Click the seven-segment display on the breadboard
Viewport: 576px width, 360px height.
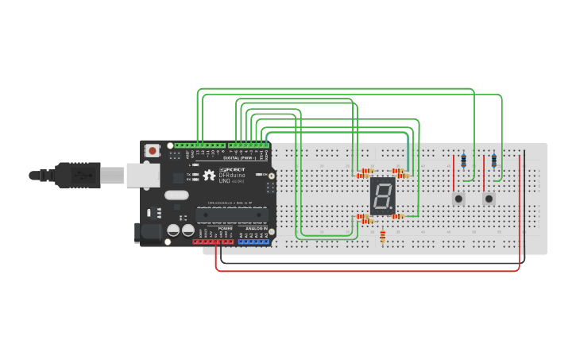(x=383, y=195)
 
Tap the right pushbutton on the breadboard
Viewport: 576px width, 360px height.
(x=489, y=198)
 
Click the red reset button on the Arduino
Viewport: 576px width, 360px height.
(x=152, y=149)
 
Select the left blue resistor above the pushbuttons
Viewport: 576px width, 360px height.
(x=464, y=161)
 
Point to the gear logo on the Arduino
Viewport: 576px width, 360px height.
(x=209, y=175)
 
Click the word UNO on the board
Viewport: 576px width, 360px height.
(x=226, y=181)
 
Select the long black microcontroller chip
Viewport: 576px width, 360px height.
(x=231, y=215)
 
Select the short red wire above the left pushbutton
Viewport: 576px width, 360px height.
(x=454, y=170)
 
